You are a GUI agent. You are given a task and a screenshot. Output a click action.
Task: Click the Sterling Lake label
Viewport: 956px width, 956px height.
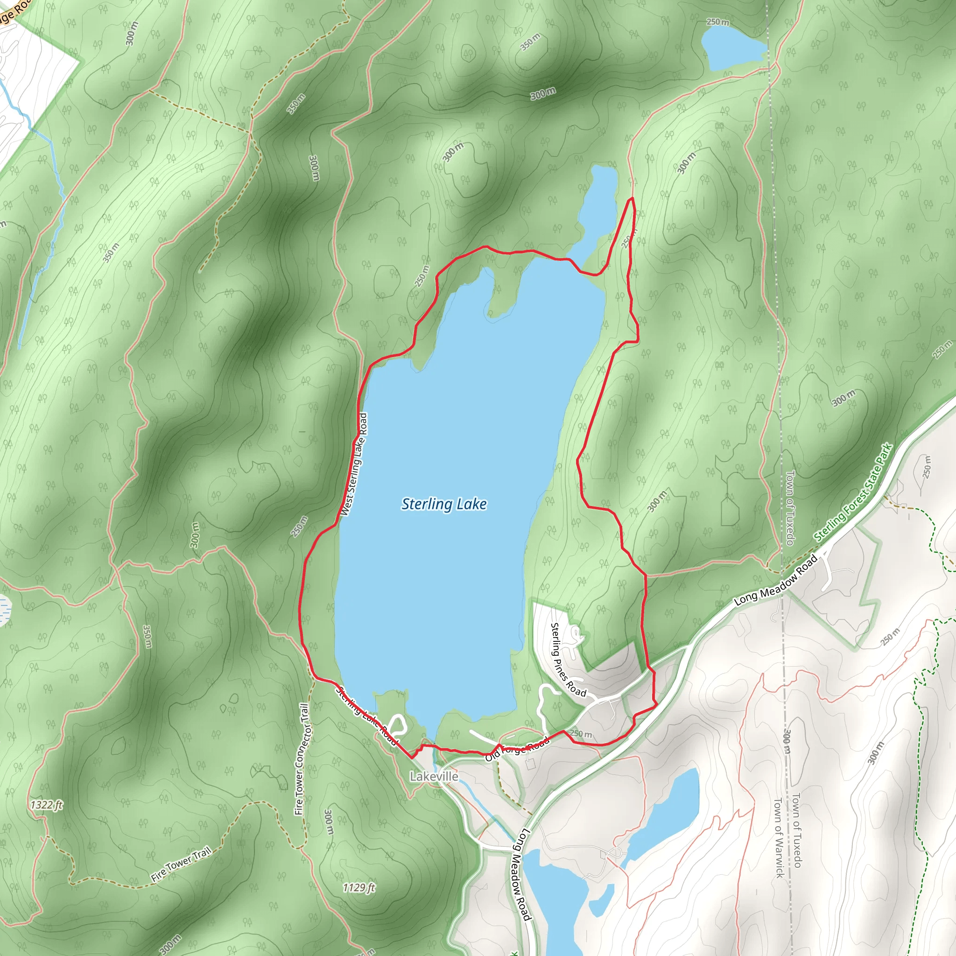coord(444,504)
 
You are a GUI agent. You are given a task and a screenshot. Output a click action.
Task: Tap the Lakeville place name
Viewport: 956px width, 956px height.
coord(434,776)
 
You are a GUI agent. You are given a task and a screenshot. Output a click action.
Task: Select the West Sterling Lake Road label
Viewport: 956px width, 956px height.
coord(355,464)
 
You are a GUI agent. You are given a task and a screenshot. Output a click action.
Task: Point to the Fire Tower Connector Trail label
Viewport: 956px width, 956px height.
coord(302,759)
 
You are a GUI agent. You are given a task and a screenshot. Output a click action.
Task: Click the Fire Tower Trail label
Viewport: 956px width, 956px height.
coord(181,864)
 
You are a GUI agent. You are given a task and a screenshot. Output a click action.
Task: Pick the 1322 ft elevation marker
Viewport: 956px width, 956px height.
coord(47,805)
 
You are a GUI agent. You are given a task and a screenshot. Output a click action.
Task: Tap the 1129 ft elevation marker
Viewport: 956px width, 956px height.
coord(359,888)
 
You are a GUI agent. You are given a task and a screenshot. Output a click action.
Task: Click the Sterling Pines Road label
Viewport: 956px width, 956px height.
coord(568,660)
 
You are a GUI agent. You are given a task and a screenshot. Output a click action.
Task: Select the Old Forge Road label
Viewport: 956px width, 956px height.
coord(517,749)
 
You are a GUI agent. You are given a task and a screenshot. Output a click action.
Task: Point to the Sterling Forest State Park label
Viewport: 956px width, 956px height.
coord(853,492)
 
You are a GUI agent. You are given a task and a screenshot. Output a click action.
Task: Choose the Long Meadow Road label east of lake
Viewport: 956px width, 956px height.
coord(775,580)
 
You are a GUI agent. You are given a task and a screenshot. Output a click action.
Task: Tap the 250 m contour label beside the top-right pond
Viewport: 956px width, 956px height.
coord(717,22)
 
